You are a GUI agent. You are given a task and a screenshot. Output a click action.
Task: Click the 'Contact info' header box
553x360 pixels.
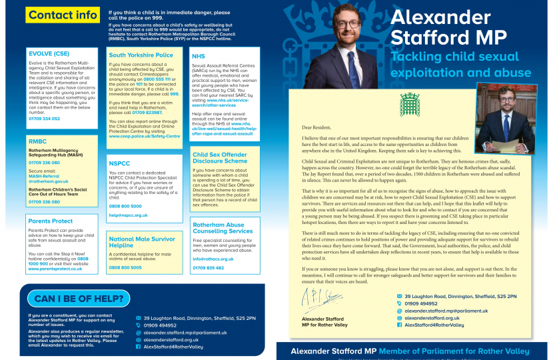coord(63,15)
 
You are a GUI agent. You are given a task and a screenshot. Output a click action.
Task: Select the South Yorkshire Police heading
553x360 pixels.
coord(141,55)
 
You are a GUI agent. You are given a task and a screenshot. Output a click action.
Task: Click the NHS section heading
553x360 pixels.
coord(198,57)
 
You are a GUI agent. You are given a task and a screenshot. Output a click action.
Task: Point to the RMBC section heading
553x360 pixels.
coord(38,141)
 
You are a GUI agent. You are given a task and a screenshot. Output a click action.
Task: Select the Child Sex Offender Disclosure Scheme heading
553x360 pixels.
coord(219,157)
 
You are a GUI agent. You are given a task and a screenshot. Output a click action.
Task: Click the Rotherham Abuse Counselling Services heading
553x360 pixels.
coord(219,229)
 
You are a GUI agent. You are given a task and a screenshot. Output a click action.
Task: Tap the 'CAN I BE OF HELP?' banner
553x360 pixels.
coord(82,299)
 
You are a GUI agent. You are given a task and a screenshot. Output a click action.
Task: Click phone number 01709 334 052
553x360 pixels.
coord(44,119)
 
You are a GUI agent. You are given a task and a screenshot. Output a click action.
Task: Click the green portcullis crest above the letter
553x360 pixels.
coord(409,105)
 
